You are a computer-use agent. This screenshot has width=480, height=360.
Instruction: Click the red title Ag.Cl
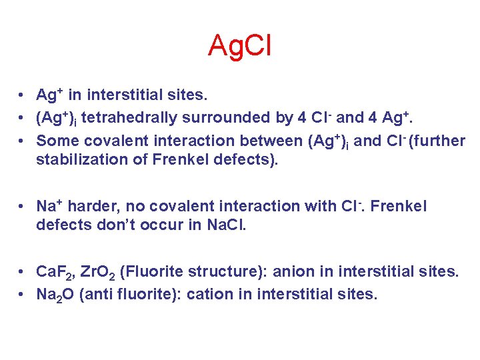pos(239,46)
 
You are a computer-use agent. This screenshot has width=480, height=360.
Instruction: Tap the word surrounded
pos(216,118)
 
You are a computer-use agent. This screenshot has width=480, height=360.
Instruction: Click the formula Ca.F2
pos(53,272)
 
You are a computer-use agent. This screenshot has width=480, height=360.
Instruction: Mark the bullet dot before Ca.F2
pos(23,272)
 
